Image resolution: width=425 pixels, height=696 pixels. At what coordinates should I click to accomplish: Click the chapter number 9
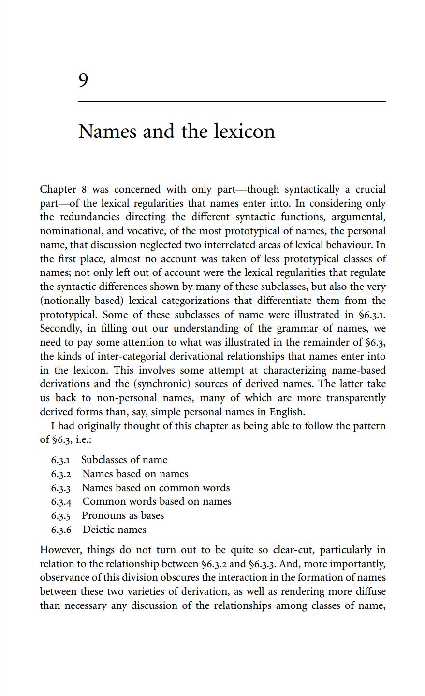83,80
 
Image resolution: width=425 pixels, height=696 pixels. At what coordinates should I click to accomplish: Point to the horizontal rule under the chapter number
232,102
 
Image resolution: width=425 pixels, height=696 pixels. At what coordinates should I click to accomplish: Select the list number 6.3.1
61,460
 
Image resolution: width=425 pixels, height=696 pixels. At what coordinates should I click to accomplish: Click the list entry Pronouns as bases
123,515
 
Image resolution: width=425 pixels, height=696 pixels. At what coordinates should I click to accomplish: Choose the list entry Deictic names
114,530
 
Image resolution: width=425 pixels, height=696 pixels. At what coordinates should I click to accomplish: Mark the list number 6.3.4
61,502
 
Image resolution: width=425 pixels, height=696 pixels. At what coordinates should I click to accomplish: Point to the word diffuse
370,592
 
